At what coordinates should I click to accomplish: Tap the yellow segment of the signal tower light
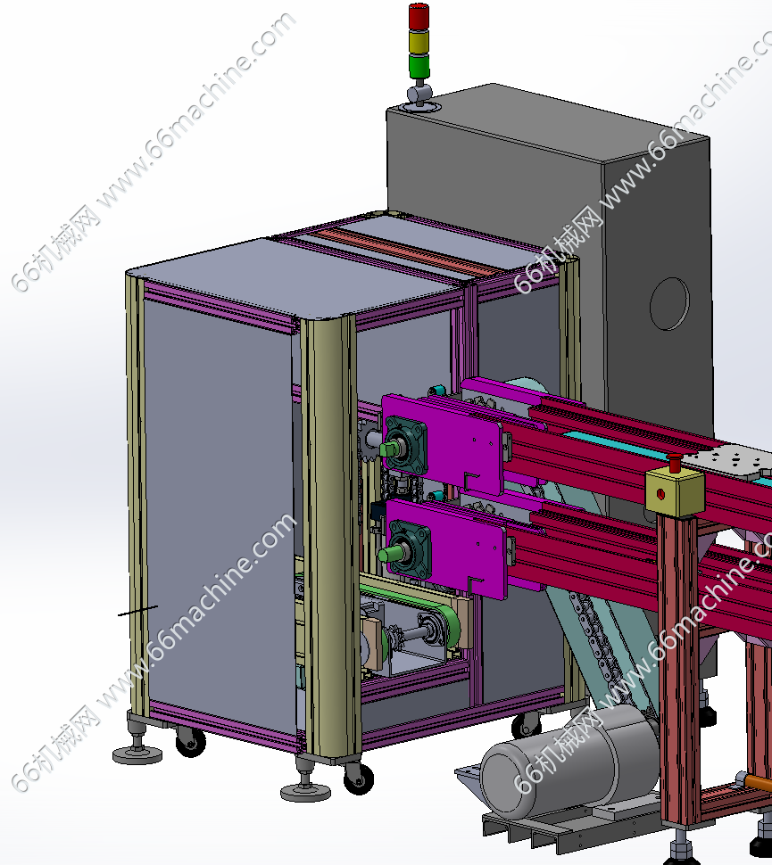pos(419,41)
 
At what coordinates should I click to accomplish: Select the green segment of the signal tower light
pos(419,66)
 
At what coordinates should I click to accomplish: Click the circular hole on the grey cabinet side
pos(669,304)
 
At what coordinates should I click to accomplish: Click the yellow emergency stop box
pos(674,491)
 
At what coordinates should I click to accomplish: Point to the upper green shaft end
pos(390,449)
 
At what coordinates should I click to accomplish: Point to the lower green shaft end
pos(389,553)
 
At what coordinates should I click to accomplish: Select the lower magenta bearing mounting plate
pos(446,549)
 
